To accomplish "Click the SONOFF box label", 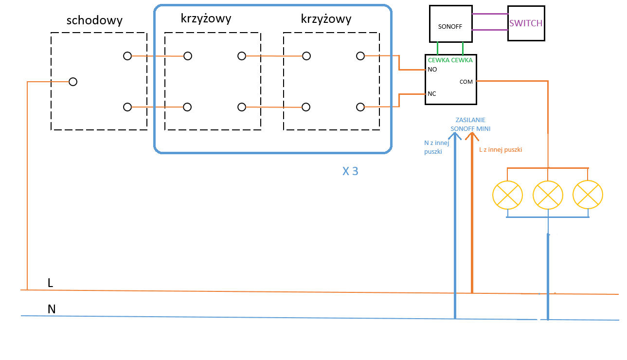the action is coord(450,27).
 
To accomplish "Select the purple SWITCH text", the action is coord(526,23).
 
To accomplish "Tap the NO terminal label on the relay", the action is coord(432,70).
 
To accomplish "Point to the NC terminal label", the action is coord(432,94).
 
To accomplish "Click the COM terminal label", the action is coord(466,82).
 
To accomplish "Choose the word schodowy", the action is coord(95,20).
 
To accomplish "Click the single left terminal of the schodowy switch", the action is coord(73,82).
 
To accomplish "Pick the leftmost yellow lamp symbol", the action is coord(507,195).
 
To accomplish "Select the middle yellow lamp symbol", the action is coord(548,195).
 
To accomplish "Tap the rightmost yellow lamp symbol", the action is coord(588,195).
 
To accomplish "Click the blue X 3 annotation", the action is coord(350,171).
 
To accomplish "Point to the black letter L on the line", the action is coord(51,283).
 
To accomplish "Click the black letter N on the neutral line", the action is coord(52,309).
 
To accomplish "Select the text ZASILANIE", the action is coord(470,120).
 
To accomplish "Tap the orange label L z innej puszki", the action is coord(501,150).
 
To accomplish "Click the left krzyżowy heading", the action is coord(206,19).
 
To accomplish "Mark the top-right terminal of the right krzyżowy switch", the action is coord(360,56).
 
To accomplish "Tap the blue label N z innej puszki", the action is coord(436,147).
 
